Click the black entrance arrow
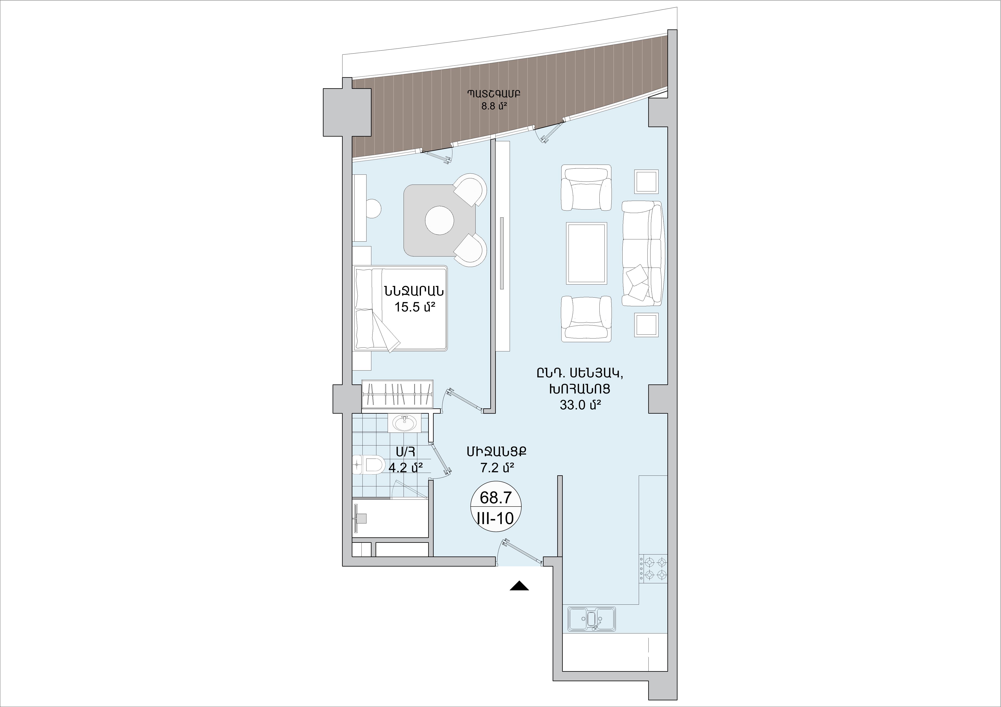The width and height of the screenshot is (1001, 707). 519,586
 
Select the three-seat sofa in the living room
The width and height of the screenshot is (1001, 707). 643,253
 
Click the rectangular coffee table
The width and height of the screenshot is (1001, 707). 586,253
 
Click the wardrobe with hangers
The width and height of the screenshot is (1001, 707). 398,395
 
